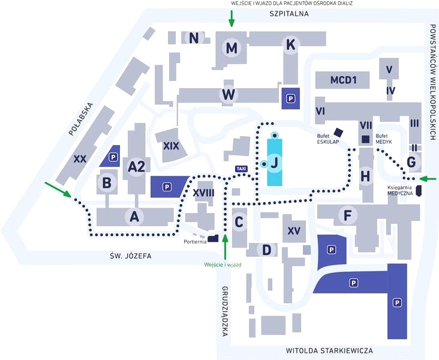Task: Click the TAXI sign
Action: coord(242,169)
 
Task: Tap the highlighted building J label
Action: coord(275,162)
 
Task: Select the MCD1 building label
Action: coord(344,80)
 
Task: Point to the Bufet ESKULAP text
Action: coord(329,139)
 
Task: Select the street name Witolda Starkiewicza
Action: coord(329,350)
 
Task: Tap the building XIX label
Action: coord(171,146)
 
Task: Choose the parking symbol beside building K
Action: coord(291,98)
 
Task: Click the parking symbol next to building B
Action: coord(113,158)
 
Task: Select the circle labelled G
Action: coord(411,162)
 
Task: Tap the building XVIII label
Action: coord(204,192)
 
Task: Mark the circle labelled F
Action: coord(345,215)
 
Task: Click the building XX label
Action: coord(80,159)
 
